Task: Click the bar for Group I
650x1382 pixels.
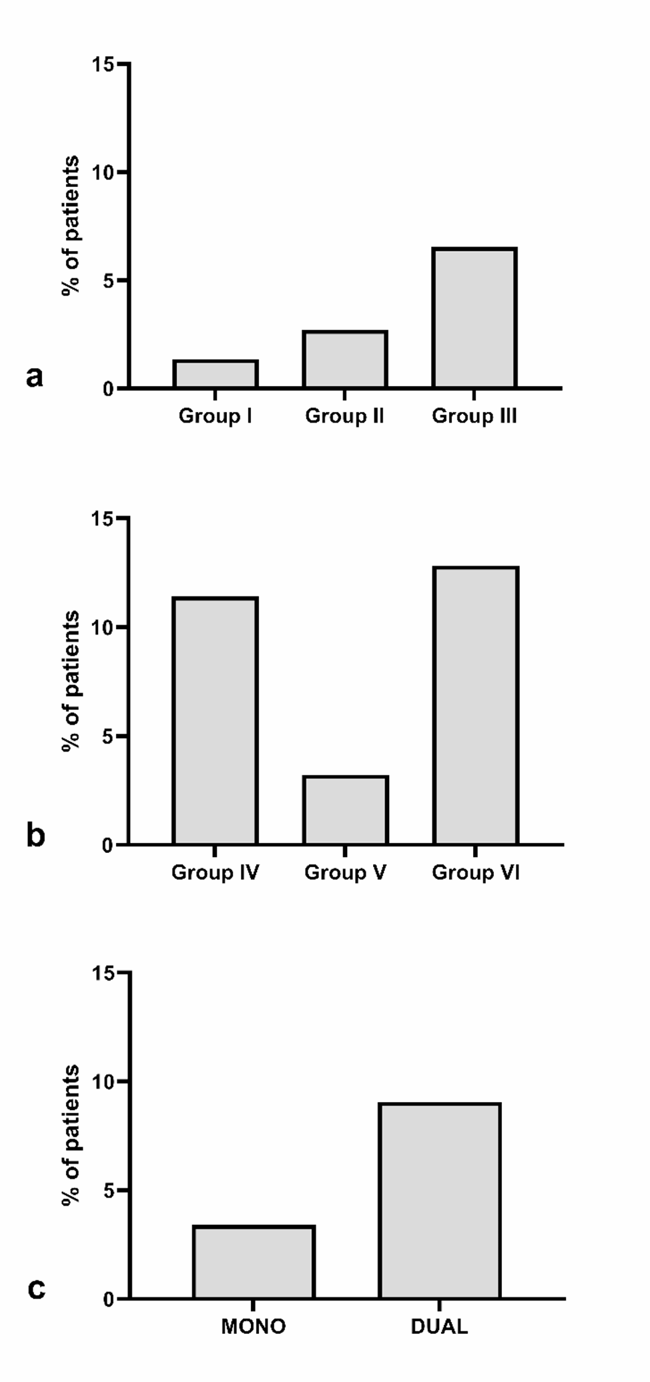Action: (216, 374)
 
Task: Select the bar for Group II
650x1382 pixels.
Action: (345, 359)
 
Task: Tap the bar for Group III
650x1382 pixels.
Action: (474, 318)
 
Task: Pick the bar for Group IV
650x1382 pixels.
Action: (215, 721)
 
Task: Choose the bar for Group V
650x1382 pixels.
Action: (345, 811)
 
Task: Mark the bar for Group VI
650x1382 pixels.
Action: (476, 706)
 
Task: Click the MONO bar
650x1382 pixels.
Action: (254, 1262)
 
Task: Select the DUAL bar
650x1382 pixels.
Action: (440, 1201)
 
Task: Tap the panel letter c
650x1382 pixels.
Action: (36, 1288)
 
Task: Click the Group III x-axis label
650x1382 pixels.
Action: (474, 416)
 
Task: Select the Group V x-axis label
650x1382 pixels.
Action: (345, 872)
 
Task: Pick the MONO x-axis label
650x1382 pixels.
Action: (254, 1327)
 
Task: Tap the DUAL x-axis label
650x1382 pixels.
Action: (439, 1327)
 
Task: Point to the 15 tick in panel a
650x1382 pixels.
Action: (103, 65)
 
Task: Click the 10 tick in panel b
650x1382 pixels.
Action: (103, 627)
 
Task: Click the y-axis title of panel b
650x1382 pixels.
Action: (71, 681)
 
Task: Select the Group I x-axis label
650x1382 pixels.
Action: (215, 416)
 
